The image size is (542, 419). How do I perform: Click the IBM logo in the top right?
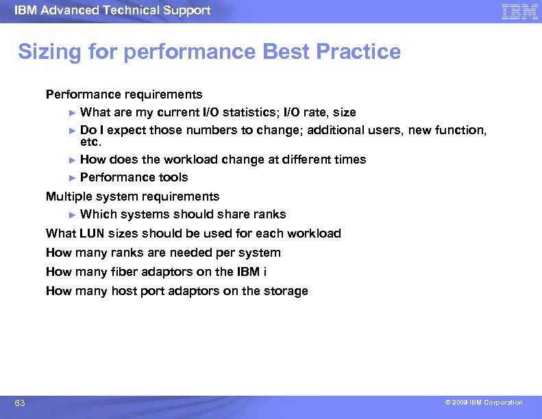click(x=519, y=11)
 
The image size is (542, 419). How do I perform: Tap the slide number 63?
click(x=20, y=403)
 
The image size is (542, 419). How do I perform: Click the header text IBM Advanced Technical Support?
click(x=112, y=10)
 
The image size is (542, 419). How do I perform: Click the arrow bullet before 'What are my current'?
click(x=73, y=112)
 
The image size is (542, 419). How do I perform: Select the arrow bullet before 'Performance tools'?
click(x=73, y=178)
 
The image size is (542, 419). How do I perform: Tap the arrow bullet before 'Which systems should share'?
click(x=73, y=215)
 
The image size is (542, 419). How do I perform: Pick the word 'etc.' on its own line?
click(x=90, y=142)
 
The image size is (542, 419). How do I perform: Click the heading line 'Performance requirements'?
click(x=124, y=94)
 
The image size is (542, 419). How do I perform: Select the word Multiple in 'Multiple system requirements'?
click(x=66, y=196)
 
